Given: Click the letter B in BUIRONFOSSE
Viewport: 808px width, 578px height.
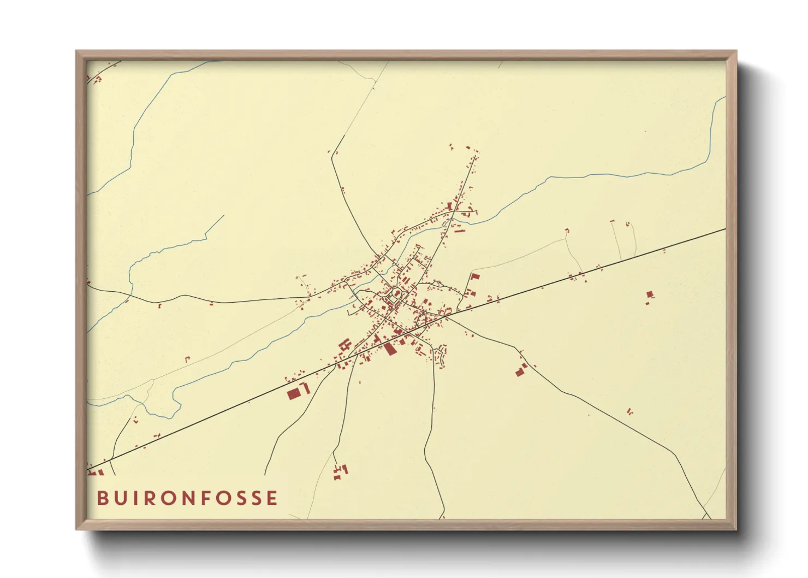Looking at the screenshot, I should point(103,498).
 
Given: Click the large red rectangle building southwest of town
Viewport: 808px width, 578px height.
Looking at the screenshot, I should point(294,393).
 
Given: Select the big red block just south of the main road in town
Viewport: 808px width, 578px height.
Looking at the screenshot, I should point(389,348).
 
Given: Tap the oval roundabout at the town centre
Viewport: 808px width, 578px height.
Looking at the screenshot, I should point(396,294).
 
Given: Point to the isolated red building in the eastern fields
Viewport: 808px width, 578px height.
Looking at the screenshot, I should point(650,295).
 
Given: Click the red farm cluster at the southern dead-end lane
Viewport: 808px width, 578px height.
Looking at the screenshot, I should point(340,471).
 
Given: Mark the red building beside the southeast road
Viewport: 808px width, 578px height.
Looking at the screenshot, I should point(520,371).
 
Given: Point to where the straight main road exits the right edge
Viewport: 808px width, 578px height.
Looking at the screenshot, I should point(725,229).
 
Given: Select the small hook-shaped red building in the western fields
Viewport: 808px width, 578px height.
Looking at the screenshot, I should point(187,359).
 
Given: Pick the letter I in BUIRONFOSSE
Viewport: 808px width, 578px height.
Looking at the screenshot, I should point(140,498).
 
